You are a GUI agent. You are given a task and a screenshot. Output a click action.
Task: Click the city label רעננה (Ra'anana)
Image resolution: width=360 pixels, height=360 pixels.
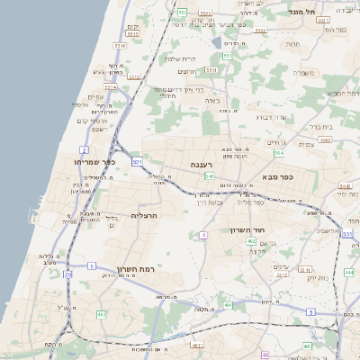tap(201, 165)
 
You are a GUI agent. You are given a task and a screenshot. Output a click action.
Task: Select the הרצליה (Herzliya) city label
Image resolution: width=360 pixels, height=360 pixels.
tap(145, 216)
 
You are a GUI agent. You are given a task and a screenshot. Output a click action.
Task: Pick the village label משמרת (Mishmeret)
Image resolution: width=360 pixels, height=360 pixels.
tap(303, 72)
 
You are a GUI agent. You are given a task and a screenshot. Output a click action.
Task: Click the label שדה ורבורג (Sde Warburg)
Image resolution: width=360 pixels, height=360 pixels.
tap(270, 115)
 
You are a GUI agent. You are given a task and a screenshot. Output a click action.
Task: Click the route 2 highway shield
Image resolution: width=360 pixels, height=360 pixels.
tap(83, 149)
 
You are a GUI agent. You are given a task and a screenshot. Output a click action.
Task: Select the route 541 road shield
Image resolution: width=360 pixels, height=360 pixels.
tap(209, 176)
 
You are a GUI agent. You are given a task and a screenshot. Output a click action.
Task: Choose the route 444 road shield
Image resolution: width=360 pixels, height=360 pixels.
tap(348, 271)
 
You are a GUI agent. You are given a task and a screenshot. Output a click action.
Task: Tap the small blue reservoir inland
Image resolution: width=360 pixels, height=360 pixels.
tap(216, 41)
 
